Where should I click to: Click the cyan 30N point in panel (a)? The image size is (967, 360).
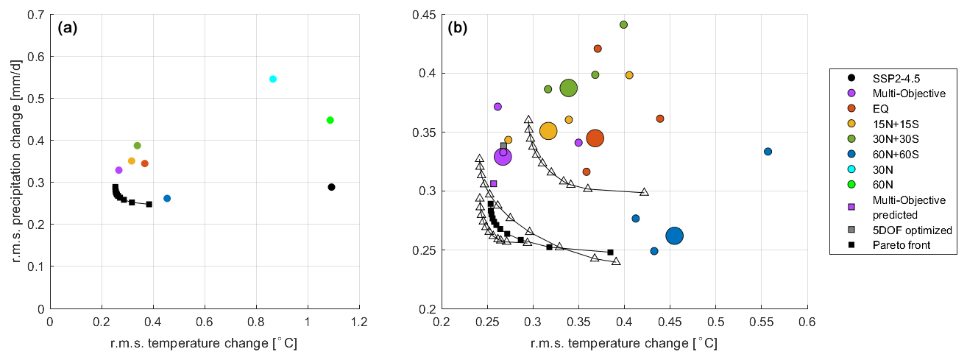[273, 79]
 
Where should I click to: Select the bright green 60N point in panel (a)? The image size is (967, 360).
[330, 120]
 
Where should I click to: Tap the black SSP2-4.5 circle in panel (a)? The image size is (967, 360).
[332, 187]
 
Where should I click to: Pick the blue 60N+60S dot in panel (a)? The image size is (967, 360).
[167, 199]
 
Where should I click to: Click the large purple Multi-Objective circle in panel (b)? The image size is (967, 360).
[503, 156]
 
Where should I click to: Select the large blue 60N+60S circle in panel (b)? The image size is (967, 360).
[675, 236]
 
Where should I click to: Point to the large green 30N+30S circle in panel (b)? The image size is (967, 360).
[568, 88]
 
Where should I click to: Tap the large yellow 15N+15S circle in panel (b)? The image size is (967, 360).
[548, 131]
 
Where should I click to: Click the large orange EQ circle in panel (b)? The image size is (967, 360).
[595, 138]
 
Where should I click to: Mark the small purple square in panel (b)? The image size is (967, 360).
[494, 183]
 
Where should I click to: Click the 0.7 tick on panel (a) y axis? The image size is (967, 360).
[35, 15]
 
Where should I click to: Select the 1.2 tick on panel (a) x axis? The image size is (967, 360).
[359, 322]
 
